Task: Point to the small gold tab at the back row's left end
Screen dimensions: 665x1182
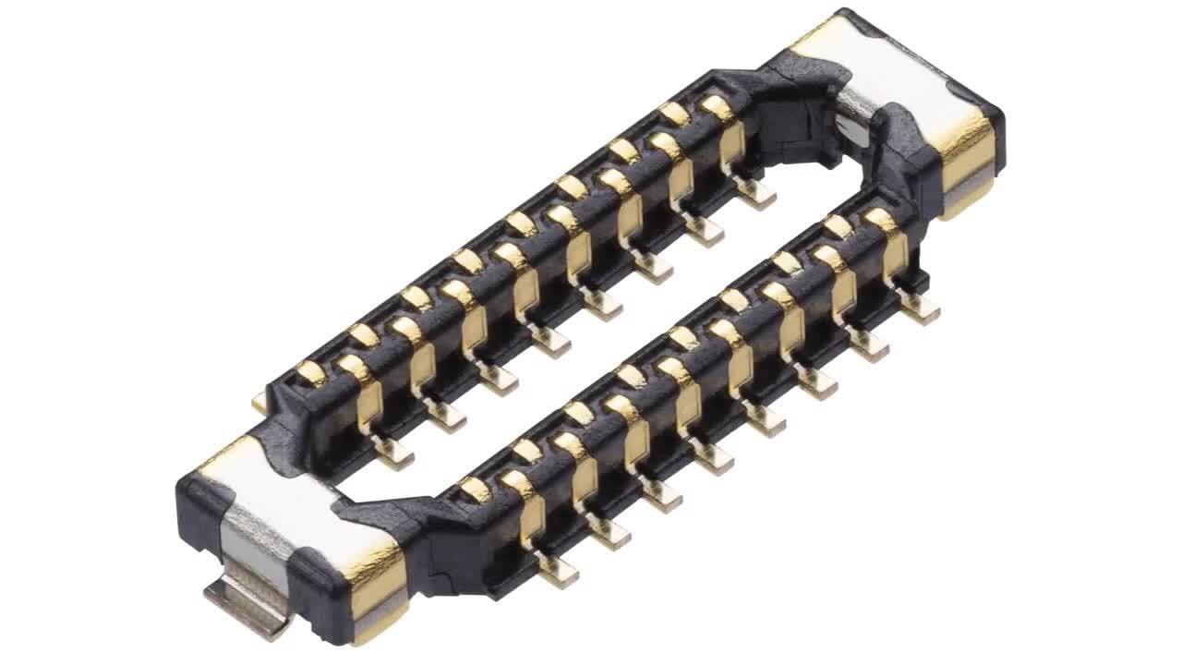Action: (x=258, y=401)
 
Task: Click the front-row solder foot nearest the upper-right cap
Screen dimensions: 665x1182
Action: (x=919, y=307)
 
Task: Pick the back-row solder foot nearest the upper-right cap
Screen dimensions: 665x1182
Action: (x=755, y=191)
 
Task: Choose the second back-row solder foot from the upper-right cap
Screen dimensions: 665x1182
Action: (x=704, y=229)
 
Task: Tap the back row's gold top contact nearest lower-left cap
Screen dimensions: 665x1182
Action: (x=311, y=373)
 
